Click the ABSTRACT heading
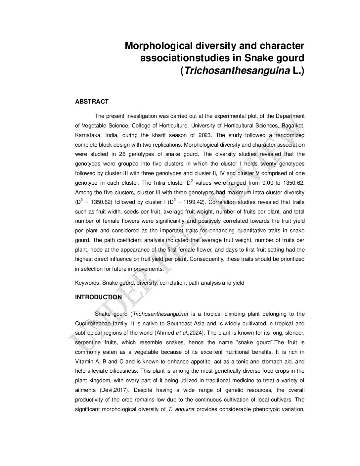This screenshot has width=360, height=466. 92,102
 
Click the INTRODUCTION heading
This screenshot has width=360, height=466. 98,297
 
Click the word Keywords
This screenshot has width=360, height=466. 88,283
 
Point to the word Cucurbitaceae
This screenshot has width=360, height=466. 94,323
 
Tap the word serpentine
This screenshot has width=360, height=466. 88,343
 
